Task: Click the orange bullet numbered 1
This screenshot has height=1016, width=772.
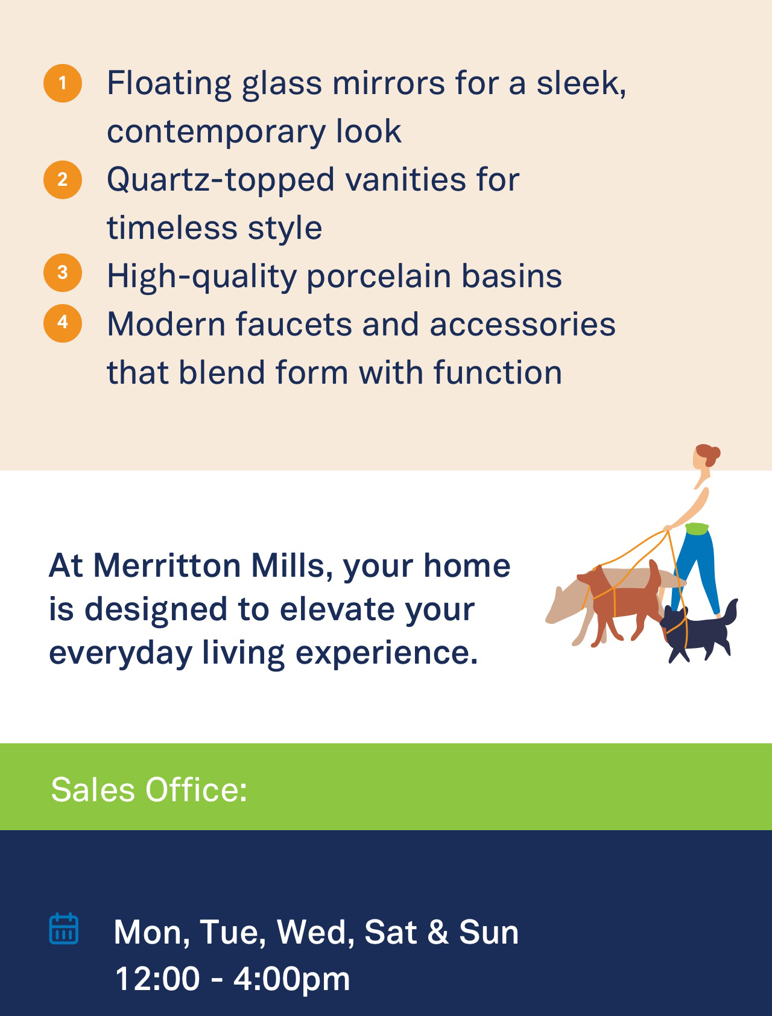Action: [63, 83]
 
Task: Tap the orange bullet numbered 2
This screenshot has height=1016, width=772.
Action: [63, 180]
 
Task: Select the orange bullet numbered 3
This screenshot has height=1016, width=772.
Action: [63, 273]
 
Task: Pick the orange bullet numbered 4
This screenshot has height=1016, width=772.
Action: [63, 323]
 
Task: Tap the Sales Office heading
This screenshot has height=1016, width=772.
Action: [149, 789]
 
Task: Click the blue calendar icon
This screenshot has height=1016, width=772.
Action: [63, 929]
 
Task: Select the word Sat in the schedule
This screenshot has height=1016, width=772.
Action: [390, 932]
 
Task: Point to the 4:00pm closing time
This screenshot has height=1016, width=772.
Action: [291, 979]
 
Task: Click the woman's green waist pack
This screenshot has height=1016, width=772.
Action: [697, 529]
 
